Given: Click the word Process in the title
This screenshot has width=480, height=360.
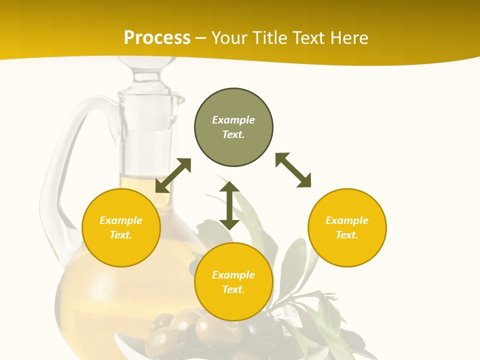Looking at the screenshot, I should click(157, 38).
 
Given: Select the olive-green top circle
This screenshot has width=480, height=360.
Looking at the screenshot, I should click(233, 127).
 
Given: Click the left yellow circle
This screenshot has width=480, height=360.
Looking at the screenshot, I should click(121, 227).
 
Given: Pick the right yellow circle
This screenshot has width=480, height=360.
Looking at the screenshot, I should click(347, 227).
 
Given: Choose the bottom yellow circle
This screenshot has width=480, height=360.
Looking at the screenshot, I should click(233, 281).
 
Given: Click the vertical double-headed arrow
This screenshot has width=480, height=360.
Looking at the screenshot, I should click(229, 205).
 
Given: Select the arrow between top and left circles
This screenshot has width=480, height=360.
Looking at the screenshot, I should click(173, 175).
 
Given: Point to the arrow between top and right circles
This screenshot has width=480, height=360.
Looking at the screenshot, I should click(293, 170).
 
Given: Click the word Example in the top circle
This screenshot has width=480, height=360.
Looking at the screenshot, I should click(233, 120).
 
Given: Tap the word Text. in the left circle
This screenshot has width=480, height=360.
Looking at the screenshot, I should click(121, 235).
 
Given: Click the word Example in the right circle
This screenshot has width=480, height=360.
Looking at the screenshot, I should click(347, 220).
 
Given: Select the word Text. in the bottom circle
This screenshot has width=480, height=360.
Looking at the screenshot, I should click(233, 289).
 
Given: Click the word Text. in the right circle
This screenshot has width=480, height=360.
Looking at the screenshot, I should click(347, 235).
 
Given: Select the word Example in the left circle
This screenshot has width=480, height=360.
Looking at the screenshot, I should click(121, 220).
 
